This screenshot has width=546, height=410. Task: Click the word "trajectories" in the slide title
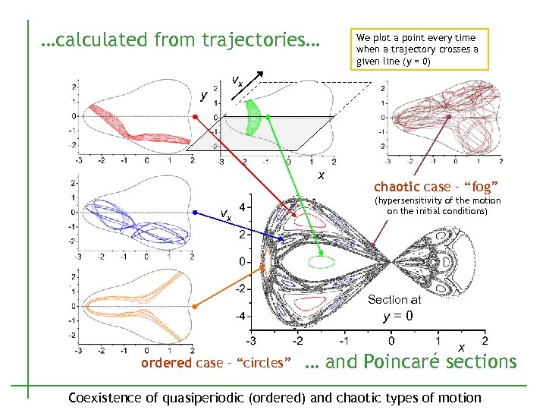pyautogui.click(x=253, y=39)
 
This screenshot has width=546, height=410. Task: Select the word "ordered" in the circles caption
pyautogui.click(x=166, y=363)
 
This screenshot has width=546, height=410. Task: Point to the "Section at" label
pyautogui.click(x=394, y=300)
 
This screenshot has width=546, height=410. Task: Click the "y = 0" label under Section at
pyautogui.click(x=397, y=316)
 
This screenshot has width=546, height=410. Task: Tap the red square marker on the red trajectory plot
pyautogui.click(x=194, y=116)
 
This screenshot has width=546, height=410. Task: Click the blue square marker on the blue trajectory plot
pyautogui.click(x=194, y=213)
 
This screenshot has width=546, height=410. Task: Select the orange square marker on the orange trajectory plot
pyautogui.click(x=194, y=306)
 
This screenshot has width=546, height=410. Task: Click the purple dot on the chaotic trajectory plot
pyautogui.click(x=449, y=117)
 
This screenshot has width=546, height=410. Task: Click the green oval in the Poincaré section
pyautogui.click(x=321, y=262)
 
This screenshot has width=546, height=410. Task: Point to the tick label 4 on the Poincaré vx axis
pyautogui.click(x=241, y=207)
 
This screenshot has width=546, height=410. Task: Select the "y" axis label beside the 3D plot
pyautogui.click(x=202, y=95)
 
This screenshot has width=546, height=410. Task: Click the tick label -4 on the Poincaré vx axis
pyautogui.click(x=239, y=316)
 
